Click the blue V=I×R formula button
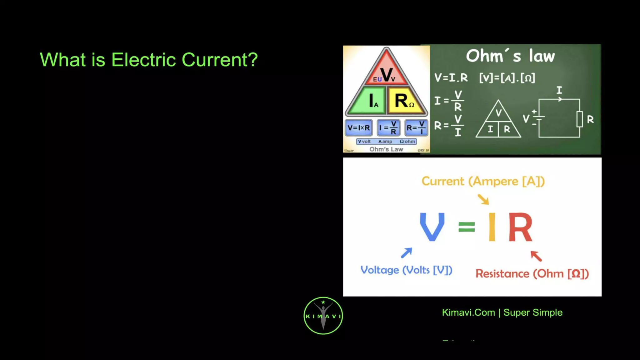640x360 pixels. (x=358, y=128)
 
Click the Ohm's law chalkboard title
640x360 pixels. (x=510, y=56)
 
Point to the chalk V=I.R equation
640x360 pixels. (x=451, y=77)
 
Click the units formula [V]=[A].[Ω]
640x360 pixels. (x=507, y=77)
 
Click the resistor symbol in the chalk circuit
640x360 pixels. (x=579, y=119)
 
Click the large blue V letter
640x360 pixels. (x=432, y=227)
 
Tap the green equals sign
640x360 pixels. (x=467, y=227)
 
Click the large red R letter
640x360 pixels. (x=520, y=227)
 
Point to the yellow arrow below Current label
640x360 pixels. (x=483, y=199)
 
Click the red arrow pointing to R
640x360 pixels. (x=536, y=256)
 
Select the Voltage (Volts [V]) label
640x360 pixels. (x=406, y=270)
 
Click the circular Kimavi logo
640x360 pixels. (x=323, y=316)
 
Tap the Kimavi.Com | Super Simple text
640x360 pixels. (x=502, y=312)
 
